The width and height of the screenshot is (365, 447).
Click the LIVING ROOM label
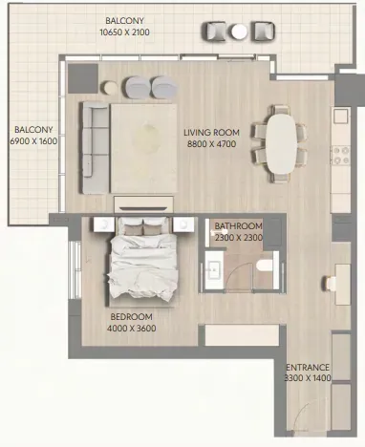coord(211,132)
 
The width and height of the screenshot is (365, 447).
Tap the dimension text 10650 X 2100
coord(124,32)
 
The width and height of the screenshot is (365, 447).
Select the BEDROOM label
coord(131,317)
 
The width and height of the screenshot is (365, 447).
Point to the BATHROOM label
coord(238,226)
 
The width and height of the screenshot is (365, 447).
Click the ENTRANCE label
coord(308,368)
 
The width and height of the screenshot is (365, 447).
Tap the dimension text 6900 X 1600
coord(33,140)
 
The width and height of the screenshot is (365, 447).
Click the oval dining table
coord(281,144)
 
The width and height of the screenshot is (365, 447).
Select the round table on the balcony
coord(239,32)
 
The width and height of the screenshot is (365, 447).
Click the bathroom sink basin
coord(213,270)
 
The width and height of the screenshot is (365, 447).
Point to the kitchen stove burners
coord(341,155)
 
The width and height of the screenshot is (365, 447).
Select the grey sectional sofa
coord(95,148)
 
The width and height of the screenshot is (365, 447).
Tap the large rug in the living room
coord(143,148)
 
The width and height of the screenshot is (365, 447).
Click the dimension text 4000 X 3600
coord(131,329)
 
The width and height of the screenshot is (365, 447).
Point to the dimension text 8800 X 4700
coord(211,144)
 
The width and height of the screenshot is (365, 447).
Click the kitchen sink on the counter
coord(341,117)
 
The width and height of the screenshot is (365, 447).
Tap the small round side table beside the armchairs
coord(110,88)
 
